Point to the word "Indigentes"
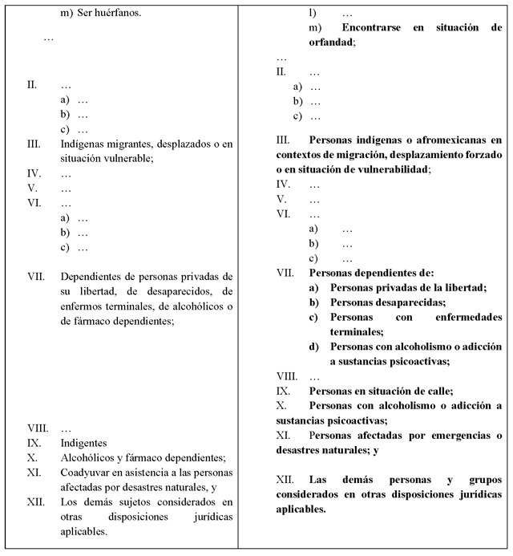point(84,443)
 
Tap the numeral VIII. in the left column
point(38,428)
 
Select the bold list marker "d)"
point(313,347)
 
